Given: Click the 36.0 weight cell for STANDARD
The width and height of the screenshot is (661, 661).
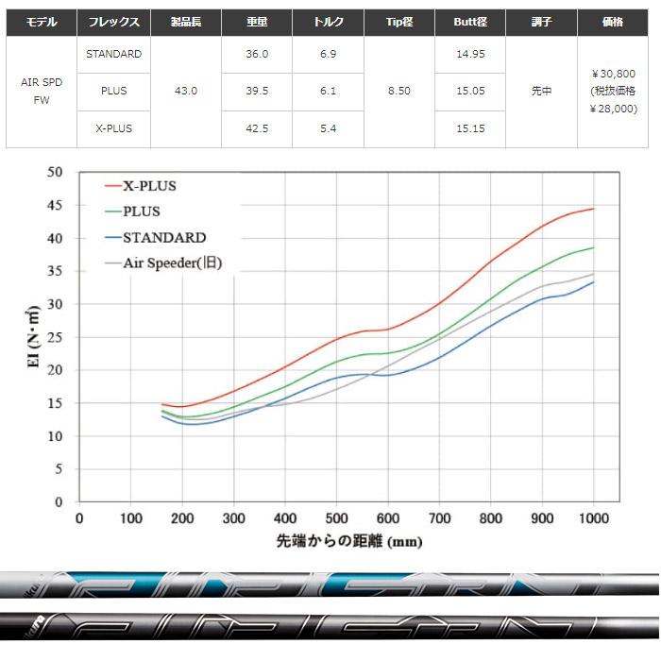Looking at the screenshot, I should click(257, 54).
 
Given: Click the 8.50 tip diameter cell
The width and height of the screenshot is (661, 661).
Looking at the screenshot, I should click(399, 92).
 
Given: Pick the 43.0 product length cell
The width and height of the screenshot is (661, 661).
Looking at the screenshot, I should click(186, 92).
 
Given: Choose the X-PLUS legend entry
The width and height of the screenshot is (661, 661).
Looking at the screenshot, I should click(149, 186).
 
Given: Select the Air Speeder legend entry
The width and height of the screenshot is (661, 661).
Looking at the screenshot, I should click(172, 263).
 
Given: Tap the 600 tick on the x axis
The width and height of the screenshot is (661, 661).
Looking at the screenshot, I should click(388, 518).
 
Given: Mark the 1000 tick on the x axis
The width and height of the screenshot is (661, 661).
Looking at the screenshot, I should click(593, 518).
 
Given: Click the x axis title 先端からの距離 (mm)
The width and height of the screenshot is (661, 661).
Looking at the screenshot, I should click(348, 542).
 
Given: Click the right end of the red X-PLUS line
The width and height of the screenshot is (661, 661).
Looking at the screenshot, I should click(593, 209).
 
